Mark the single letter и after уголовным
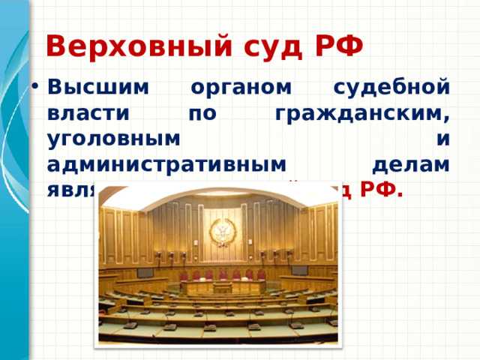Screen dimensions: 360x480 coord(443,140)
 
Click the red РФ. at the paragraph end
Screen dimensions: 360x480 coord(382,188)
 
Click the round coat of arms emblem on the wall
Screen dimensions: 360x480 coord(221,232)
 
